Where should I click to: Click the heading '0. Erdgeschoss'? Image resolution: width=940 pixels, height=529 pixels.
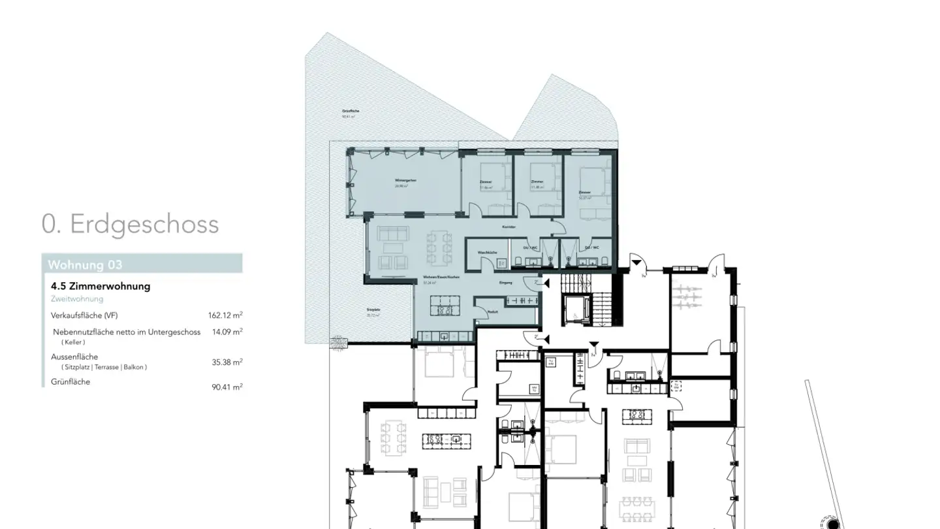tap(130, 224)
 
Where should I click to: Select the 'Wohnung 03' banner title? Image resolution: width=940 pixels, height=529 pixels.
tap(85, 264)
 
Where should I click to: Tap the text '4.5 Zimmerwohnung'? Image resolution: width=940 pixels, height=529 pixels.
tap(101, 286)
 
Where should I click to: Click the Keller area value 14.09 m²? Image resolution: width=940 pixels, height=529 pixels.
tap(227, 332)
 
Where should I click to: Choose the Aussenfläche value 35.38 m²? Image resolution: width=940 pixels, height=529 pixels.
tap(227, 362)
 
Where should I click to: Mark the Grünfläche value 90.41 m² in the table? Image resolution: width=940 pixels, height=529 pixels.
tap(227, 387)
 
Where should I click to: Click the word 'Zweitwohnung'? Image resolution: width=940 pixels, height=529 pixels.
tap(77, 299)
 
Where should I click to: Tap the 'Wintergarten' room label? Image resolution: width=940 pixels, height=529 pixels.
tap(405, 180)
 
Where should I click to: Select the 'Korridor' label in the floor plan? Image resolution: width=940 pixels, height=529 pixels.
tap(509, 227)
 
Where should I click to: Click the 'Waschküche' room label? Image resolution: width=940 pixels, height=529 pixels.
tap(488, 251)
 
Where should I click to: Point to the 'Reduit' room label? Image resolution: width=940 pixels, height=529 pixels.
tap(493, 312)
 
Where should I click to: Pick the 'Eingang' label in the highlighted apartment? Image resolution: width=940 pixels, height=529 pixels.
tap(505, 283)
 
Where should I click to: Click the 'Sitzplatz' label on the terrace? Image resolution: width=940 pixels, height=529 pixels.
tap(373, 311)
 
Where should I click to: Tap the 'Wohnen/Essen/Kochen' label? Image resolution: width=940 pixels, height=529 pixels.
tap(441, 278)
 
